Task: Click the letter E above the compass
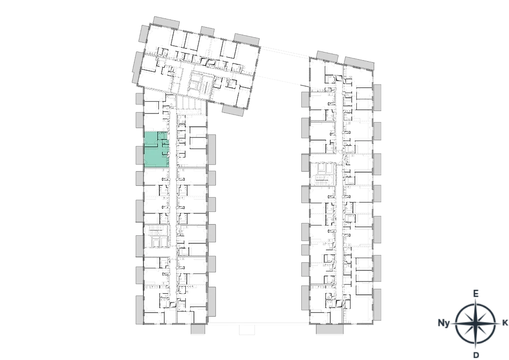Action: (x=475, y=294)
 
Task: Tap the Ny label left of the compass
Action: (x=444, y=323)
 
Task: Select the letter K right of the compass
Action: (x=505, y=323)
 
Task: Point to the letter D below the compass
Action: (x=476, y=355)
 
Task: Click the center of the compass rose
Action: (x=475, y=324)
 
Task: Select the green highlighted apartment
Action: (x=156, y=150)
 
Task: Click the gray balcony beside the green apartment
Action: (x=139, y=155)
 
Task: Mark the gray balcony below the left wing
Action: (x=197, y=329)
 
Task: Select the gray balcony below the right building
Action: (x=329, y=329)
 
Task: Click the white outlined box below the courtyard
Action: (x=247, y=329)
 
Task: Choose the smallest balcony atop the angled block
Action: (x=207, y=31)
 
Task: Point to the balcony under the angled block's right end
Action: (x=233, y=110)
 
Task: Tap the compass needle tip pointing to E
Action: (x=475, y=300)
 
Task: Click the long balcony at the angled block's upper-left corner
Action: (x=166, y=22)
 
